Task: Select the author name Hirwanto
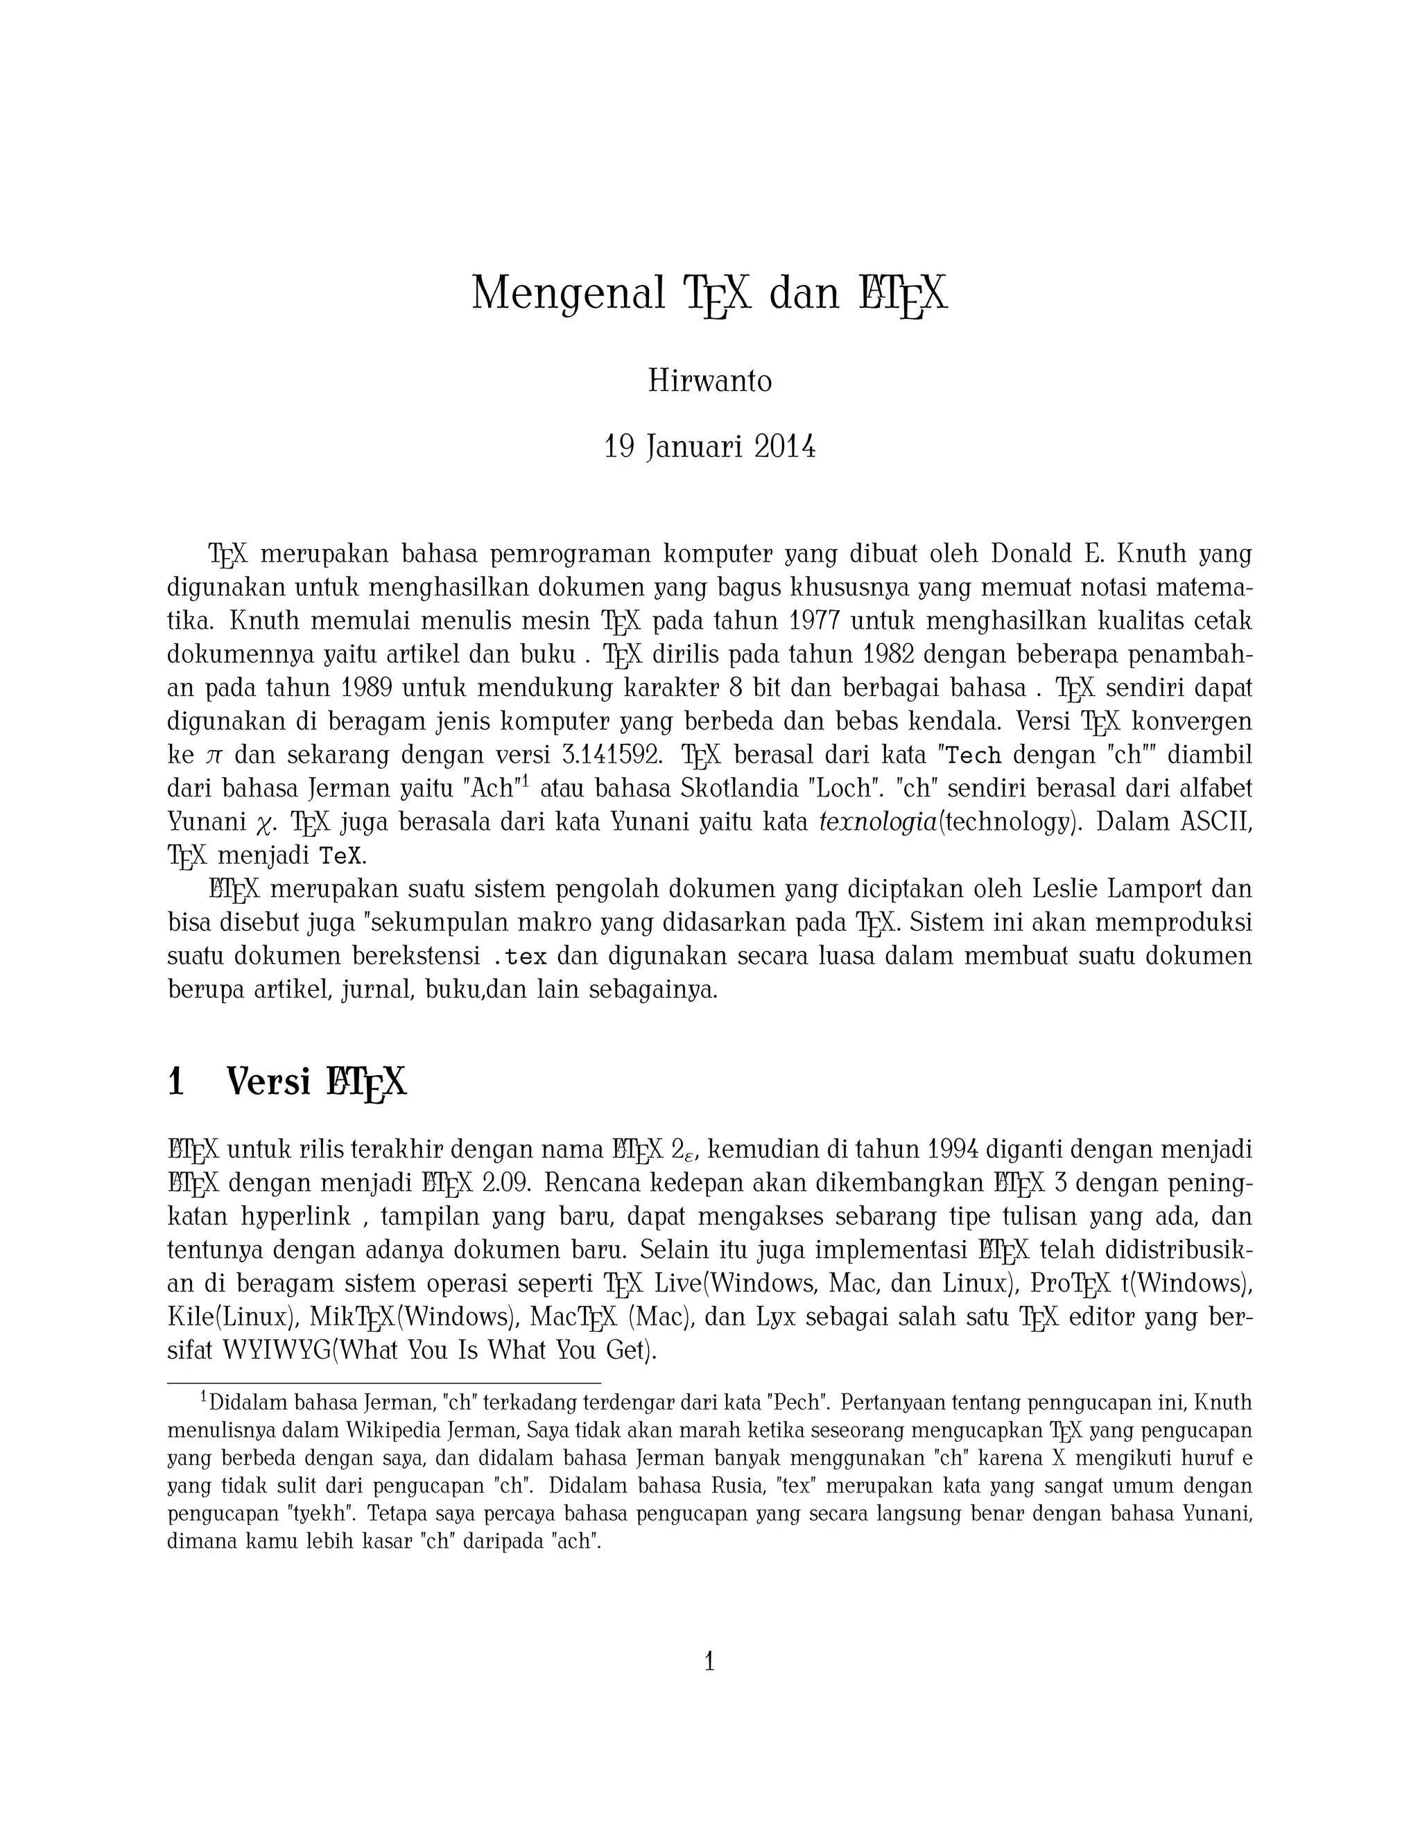click(709, 382)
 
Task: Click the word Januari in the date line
click(694, 448)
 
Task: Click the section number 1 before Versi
click(176, 1083)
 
